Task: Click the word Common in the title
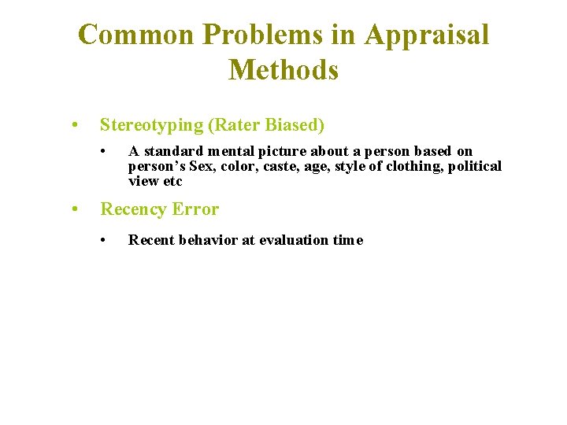point(135,35)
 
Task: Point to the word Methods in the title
point(283,70)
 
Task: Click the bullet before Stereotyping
point(72,125)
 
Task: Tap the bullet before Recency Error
point(72,209)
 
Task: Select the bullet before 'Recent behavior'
point(104,240)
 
